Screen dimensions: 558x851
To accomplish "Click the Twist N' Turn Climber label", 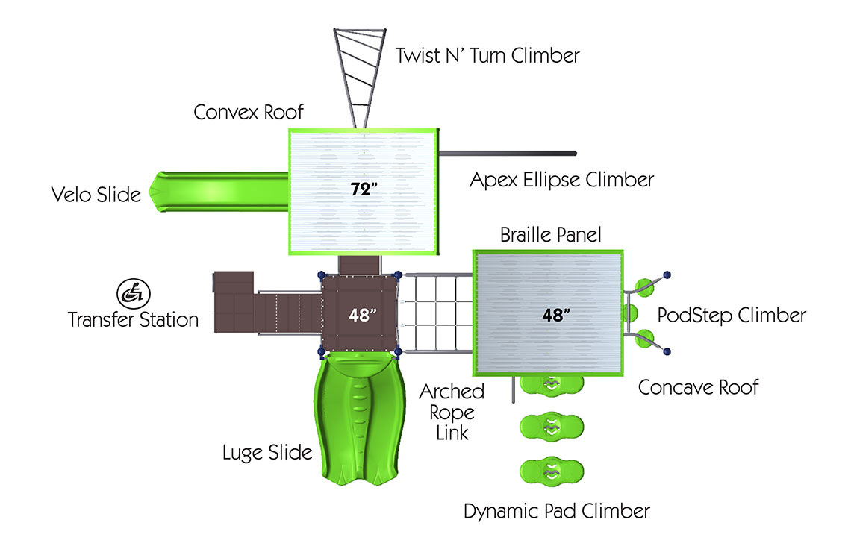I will tap(487, 55).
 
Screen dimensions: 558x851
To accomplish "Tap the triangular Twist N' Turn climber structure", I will tap(358, 71).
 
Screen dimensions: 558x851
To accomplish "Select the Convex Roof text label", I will tap(249, 113).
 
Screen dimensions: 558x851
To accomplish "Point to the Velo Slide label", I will tap(96, 195).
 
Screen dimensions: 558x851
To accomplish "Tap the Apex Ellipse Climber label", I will tap(561, 180).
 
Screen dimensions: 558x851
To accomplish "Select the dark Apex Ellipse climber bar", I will tap(508, 154).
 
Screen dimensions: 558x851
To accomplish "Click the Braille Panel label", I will tap(550, 235).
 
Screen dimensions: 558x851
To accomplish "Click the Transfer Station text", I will tap(133, 320).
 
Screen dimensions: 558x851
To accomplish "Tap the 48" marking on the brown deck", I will tap(360, 315).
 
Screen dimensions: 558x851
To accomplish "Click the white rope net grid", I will tap(437, 313).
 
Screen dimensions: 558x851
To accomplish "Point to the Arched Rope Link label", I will tap(452, 412).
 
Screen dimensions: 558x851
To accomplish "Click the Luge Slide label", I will tap(267, 453).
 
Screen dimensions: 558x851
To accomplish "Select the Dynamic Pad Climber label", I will tap(556, 512).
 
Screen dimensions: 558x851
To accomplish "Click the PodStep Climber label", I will tap(731, 316).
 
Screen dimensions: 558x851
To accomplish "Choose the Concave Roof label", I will tap(698, 387).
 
